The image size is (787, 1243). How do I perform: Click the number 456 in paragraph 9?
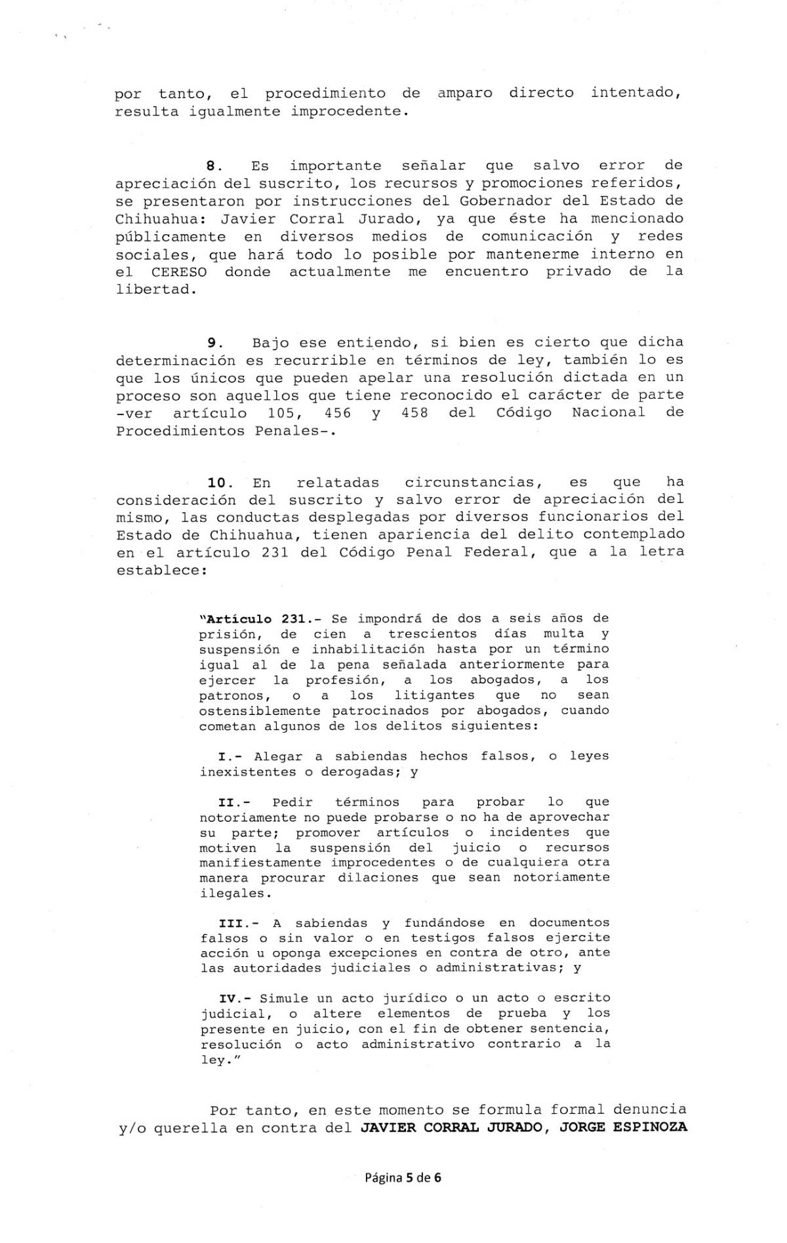[x=338, y=413]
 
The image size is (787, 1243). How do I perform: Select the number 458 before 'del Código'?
[x=414, y=413]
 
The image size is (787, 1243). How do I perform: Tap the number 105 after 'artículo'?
[x=285, y=413]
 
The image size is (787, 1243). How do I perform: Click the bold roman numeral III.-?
[x=234, y=923]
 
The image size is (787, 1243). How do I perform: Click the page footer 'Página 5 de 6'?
[x=403, y=1177]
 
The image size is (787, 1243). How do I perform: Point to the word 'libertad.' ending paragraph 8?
[x=156, y=290]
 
